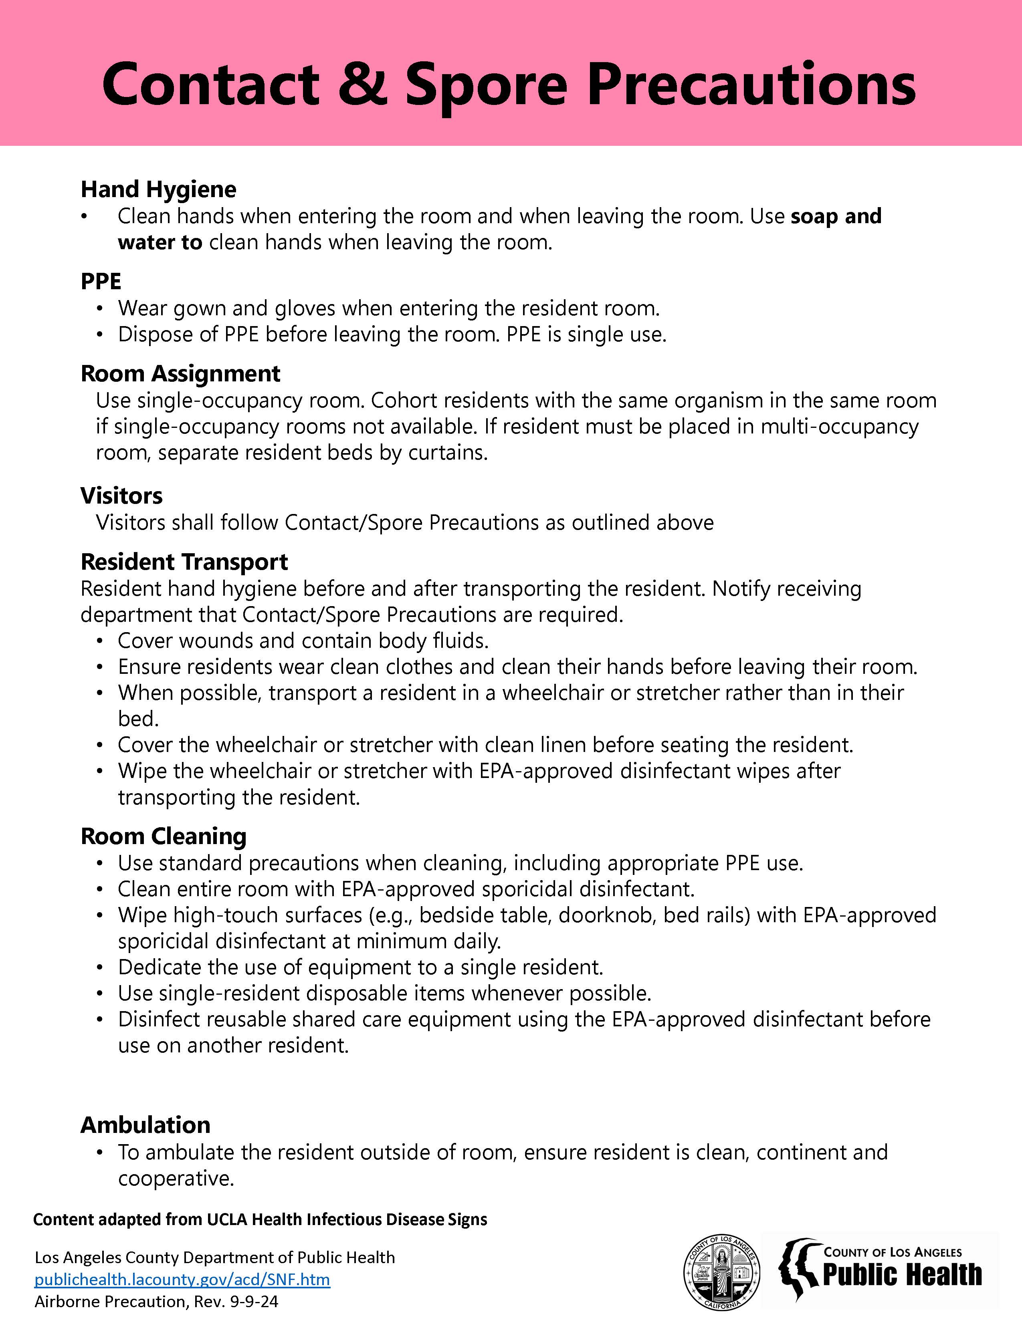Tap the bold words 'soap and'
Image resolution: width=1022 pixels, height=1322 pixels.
pos(836,216)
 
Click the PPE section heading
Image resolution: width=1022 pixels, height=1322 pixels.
pos(101,282)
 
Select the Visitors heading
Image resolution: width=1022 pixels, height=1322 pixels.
pos(122,496)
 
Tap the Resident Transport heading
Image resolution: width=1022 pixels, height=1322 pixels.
pos(184,562)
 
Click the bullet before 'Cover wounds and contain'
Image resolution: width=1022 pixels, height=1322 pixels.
pos(100,641)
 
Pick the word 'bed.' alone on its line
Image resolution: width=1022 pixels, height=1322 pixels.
pos(138,719)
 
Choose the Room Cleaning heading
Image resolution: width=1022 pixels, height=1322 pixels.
pos(164,836)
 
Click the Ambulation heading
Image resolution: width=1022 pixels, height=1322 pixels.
pos(145,1125)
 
